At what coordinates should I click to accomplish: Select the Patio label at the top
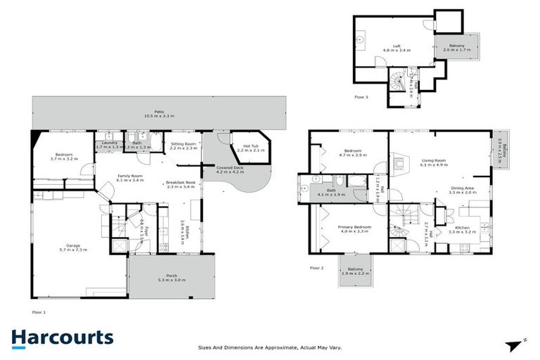(x=159, y=112)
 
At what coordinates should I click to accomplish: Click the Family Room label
(x=130, y=176)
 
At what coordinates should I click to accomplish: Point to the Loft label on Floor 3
(x=397, y=48)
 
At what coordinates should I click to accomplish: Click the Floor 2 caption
(x=317, y=268)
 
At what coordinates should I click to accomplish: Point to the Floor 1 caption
(x=39, y=310)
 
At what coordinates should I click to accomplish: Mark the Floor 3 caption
(x=361, y=96)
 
